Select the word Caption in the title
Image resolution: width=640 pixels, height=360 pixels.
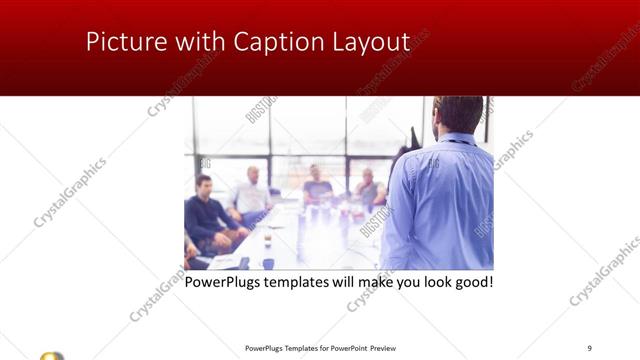click(x=279, y=42)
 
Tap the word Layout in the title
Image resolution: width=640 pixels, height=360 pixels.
click(x=369, y=42)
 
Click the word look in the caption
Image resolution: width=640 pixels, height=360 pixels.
click(x=430, y=282)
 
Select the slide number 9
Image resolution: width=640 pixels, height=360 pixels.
click(x=589, y=347)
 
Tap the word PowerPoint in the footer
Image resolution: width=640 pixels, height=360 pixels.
click(x=346, y=348)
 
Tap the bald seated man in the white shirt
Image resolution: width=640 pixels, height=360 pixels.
click(x=251, y=193)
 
